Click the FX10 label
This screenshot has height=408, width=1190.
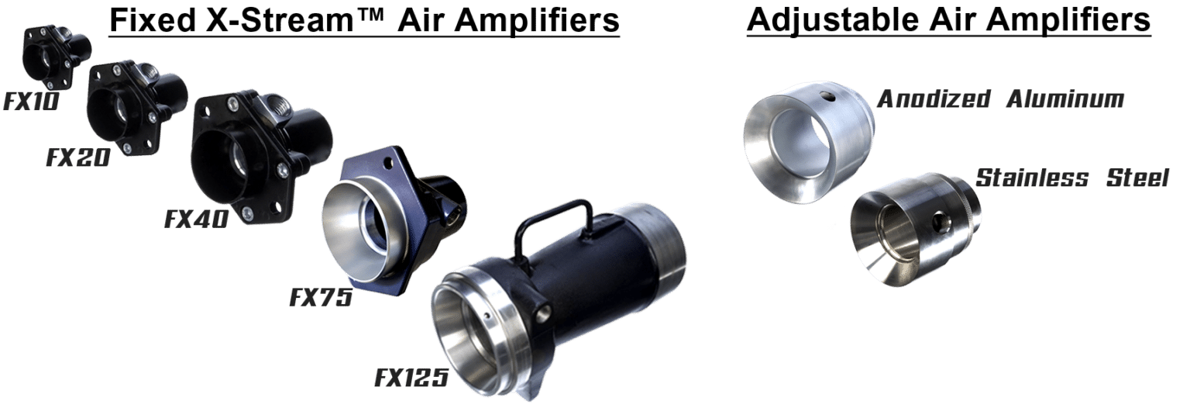[x=31, y=102]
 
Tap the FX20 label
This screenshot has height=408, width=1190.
[x=78, y=157]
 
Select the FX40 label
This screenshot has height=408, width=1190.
[x=197, y=219]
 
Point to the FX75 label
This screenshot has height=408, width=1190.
[x=321, y=297]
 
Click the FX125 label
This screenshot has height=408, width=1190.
[x=411, y=378]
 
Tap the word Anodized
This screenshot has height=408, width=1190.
[x=934, y=99]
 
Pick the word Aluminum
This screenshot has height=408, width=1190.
[x=1065, y=99]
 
